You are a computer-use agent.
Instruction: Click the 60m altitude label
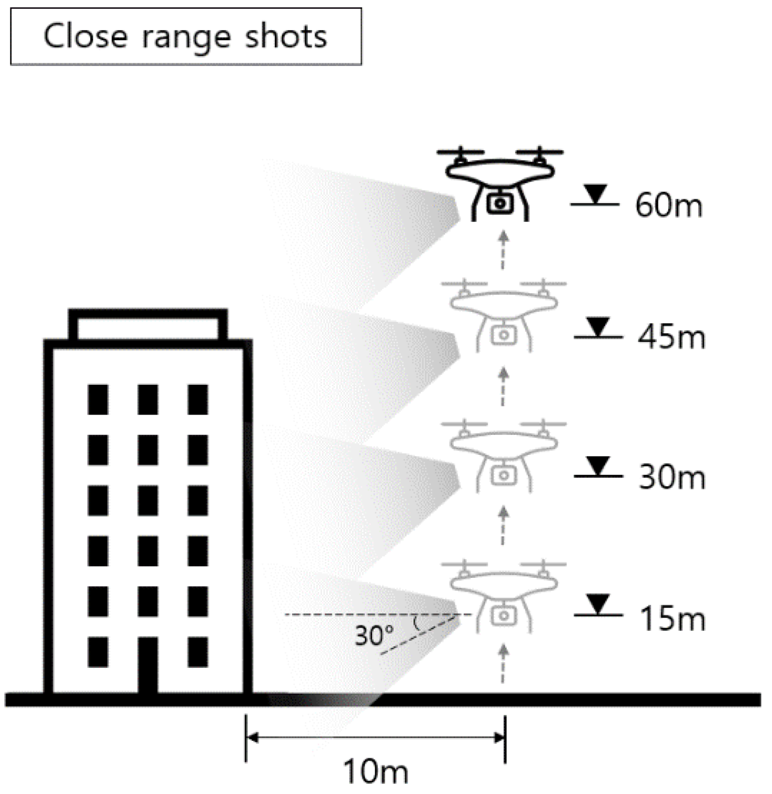pos(668,205)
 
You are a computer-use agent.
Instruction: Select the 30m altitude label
pos(672,477)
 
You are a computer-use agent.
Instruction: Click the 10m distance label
pos(375,771)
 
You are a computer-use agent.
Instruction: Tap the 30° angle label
pos(374,635)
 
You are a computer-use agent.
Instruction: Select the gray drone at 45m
pos(504,316)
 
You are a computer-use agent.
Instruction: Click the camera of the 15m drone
pos(504,616)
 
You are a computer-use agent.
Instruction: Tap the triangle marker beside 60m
pos(595,194)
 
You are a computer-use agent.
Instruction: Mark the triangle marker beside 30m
pos(598,465)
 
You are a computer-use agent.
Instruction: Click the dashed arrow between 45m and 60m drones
pos(503,250)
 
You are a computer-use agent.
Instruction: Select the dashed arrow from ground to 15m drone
pos(503,664)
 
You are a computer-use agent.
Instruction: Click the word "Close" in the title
pos(85,37)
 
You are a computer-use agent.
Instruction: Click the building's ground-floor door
pos(148,665)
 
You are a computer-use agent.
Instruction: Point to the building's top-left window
pos(98,399)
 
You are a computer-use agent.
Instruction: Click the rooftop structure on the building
pos(148,325)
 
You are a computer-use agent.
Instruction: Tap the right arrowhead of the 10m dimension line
pos(499,738)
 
